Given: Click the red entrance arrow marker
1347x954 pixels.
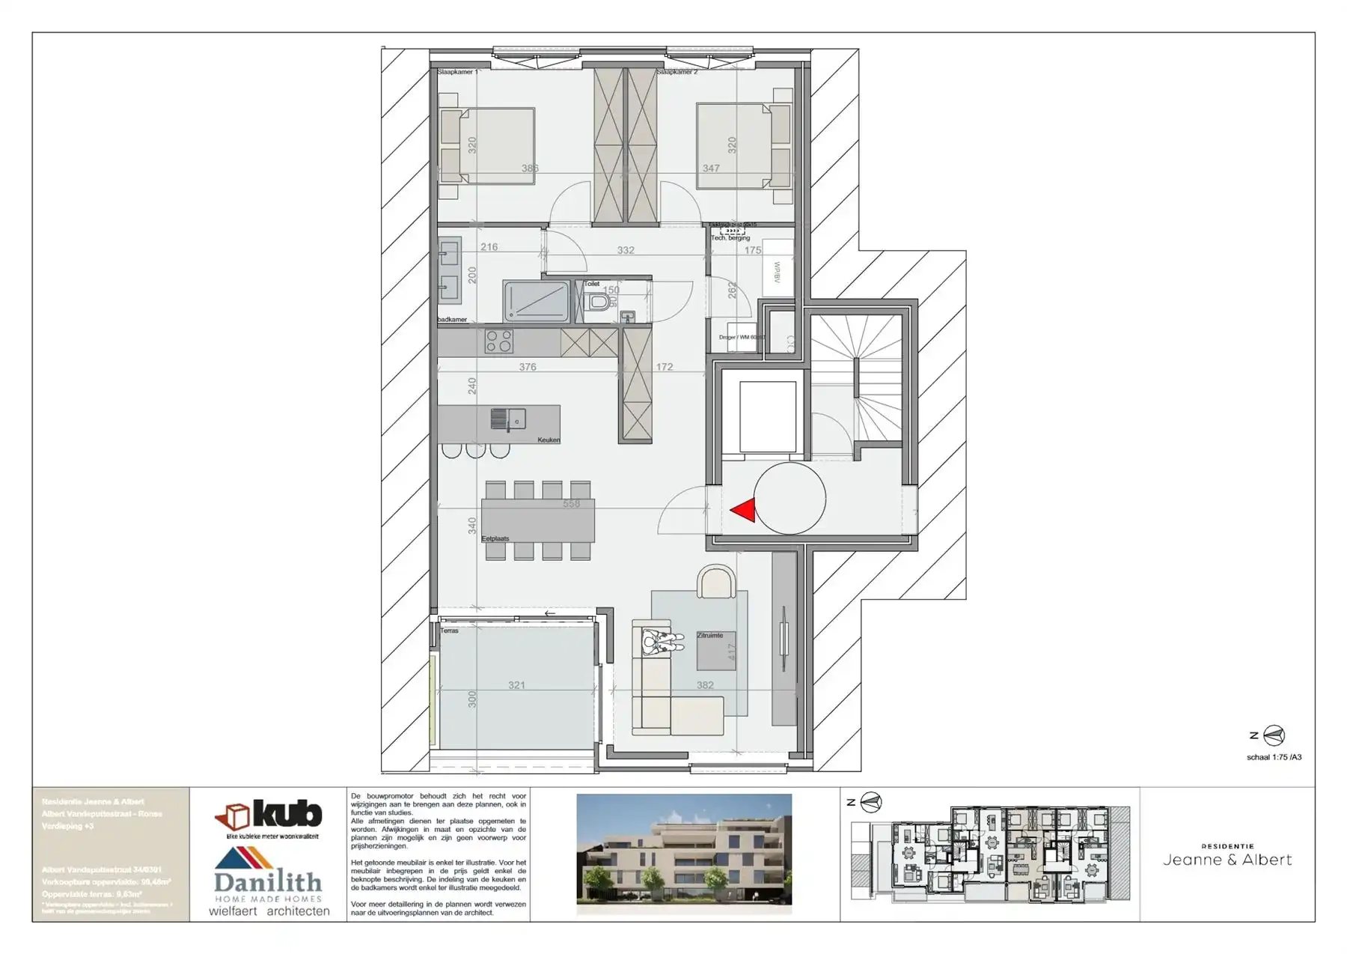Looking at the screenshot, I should point(743,511).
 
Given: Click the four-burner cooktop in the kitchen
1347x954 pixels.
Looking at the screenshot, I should point(499,341).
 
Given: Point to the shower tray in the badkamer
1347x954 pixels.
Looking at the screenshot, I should point(536,301).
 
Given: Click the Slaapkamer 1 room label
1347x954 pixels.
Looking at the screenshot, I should point(457,72).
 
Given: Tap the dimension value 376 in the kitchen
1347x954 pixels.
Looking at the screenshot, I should point(528,367).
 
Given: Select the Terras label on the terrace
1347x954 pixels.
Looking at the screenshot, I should point(449,631).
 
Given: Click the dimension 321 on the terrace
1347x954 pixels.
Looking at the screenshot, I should point(516,684).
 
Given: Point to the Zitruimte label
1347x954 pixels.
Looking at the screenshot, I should point(709,635).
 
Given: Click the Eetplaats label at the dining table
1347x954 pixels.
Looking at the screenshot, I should point(495,538).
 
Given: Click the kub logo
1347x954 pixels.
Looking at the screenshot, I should point(269,816).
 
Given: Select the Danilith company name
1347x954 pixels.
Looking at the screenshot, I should point(268,882).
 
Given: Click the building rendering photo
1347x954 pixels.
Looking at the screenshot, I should point(684,854).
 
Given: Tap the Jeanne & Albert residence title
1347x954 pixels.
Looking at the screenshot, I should point(1227,860).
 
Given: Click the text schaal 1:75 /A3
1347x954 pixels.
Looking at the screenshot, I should point(1274,757).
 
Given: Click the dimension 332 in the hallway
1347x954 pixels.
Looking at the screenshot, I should point(626,250).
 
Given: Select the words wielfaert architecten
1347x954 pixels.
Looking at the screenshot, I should point(269,911).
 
